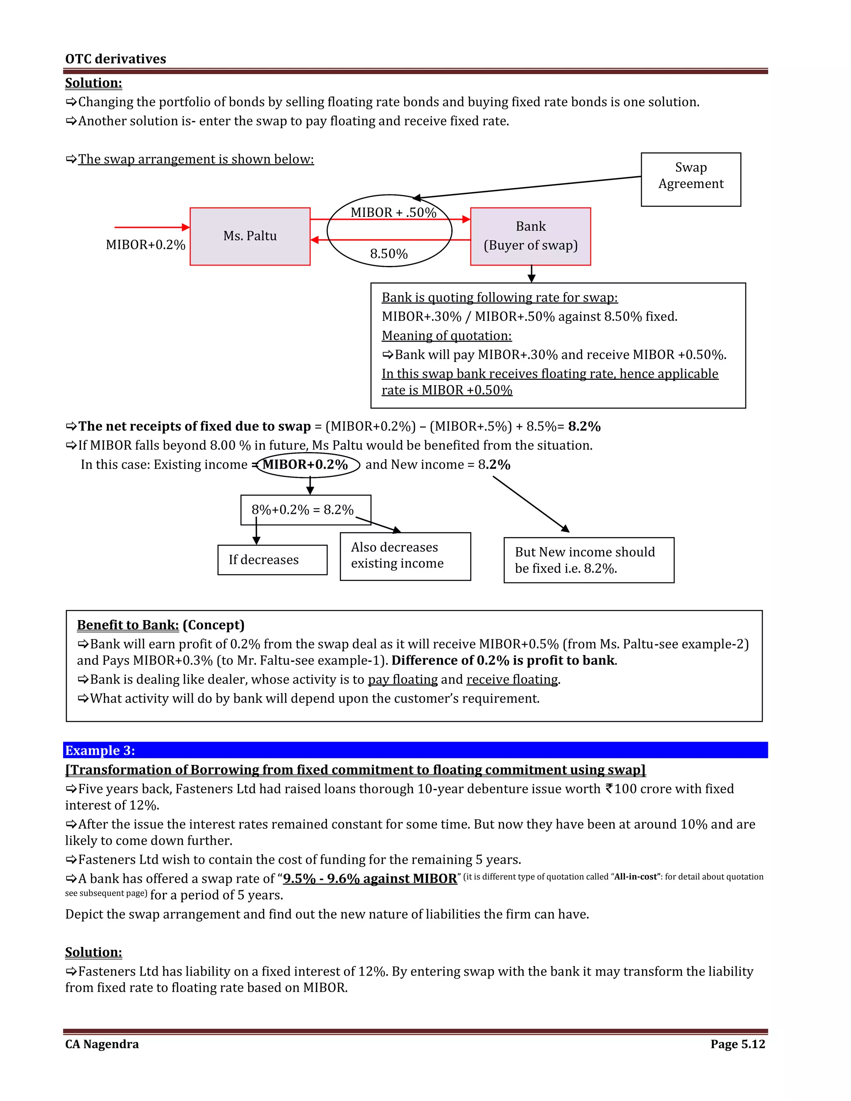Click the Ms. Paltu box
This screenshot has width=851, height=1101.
click(x=250, y=236)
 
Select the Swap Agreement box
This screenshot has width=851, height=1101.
click(x=691, y=179)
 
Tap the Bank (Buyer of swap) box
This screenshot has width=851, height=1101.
click(x=530, y=236)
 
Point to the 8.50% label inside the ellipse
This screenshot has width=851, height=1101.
click(x=389, y=253)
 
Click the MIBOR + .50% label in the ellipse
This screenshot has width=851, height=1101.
click(x=393, y=212)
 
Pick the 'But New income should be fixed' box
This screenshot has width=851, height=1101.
click(x=588, y=560)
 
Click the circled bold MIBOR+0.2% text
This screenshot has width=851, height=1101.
click(x=305, y=464)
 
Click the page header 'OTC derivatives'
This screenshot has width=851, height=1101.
click(x=116, y=59)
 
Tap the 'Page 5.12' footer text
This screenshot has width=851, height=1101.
click(x=738, y=1044)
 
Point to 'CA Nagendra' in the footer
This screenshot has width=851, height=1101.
click(x=102, y=1044)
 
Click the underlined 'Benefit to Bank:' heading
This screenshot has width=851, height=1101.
click(x=128, y=625)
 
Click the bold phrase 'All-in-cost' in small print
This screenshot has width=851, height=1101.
click(x=635, y=877)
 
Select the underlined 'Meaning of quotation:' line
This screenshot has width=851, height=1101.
click(x=447, y=336)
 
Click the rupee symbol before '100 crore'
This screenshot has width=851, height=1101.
click(x=609, y=789)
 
